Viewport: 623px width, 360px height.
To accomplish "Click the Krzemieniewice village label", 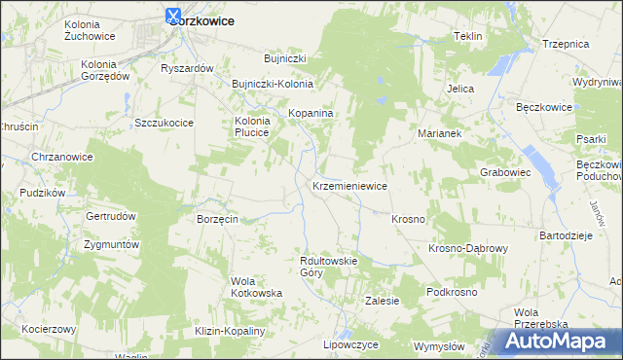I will (350, 186).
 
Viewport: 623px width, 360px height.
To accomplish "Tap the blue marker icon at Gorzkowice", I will (174, 16).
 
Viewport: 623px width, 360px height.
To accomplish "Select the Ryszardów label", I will (187, 69).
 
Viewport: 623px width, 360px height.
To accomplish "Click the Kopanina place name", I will (311, 114).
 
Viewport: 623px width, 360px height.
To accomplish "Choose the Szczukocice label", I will (165, 123).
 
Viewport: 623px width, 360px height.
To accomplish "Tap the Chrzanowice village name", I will (61, 157).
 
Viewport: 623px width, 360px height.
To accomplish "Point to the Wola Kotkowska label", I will (256, 287).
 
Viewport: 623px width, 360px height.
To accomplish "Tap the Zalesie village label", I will (382, 302).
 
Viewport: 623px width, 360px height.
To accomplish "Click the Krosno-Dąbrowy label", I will (468, 249).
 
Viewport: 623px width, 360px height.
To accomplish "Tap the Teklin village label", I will (468, 36).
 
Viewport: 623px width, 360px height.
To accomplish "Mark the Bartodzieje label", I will (566, 236).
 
